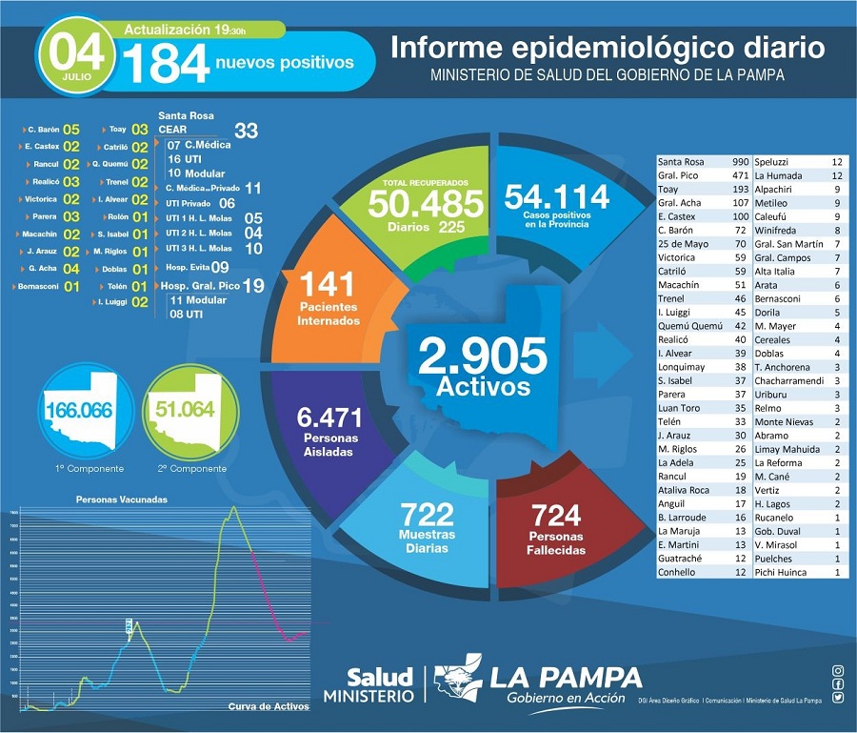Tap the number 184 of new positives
[x=167, y=64]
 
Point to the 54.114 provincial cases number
[x=556, y=196]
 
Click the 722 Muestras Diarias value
[x=428, y=515]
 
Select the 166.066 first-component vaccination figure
[x=78, y=411]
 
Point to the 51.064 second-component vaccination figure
[x=184, y=411]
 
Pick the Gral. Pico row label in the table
[x=678, y=175]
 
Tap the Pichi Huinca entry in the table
[x=781, y=572]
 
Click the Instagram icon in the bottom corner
[x=837, y=671]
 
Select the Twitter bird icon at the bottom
[x=837, y=698]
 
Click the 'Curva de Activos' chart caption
[x=269, y=706]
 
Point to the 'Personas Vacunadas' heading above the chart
[x=121, y=499]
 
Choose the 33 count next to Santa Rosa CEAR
[x=246, y=131]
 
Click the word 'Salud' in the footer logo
[x=380, y=678]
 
